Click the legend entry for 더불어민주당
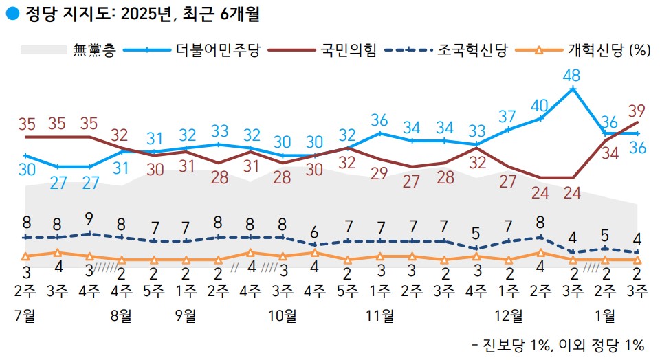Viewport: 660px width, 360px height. pos(218,51)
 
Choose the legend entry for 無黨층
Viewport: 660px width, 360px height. pos(93,51)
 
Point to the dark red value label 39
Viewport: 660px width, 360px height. pos(636,110)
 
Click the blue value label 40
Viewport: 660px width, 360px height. pos(540,106)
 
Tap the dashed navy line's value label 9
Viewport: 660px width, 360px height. pos(89,220)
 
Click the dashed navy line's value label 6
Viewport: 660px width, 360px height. pos(315,232)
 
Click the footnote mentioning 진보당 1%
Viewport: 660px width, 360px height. pos(558,346)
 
